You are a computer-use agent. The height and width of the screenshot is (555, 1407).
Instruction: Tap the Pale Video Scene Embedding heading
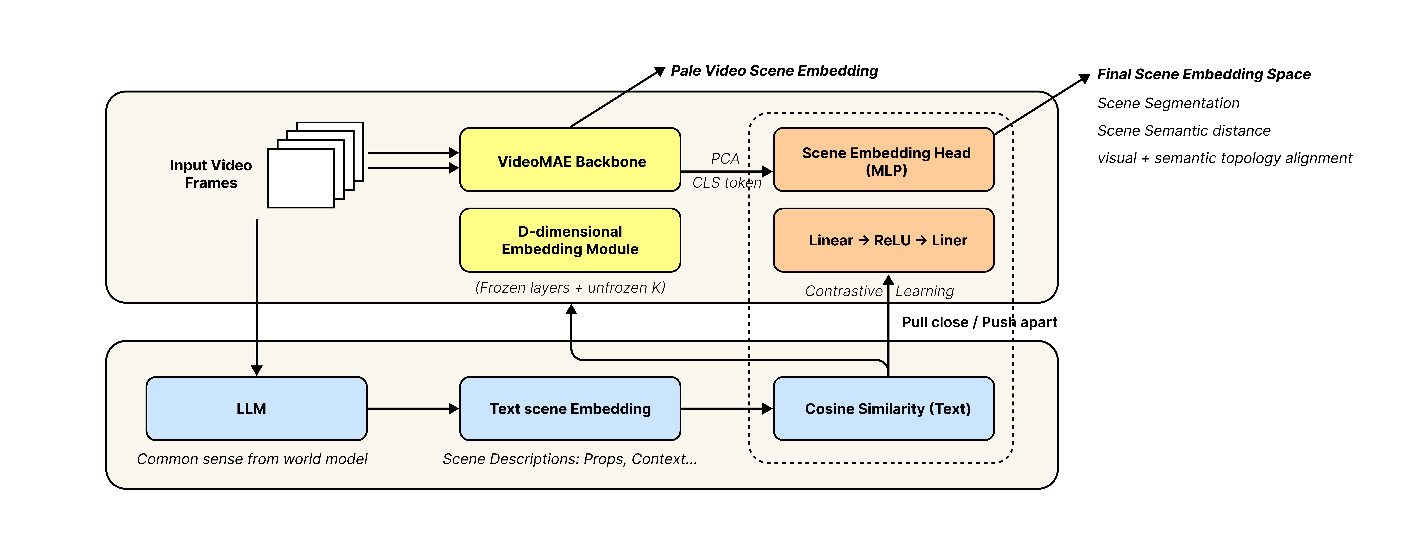(x=774, y=71)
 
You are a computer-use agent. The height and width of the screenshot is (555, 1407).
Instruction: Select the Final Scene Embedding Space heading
(x=1204, y=74)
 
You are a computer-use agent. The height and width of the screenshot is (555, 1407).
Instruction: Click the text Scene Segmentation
(x=1168, y=103)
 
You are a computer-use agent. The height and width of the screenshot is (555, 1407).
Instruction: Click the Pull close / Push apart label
(x=979, y=322)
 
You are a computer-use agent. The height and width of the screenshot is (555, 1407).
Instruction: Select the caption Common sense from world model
(x=252, y=459)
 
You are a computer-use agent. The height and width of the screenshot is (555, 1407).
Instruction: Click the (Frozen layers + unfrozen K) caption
(x=570, y=288)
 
